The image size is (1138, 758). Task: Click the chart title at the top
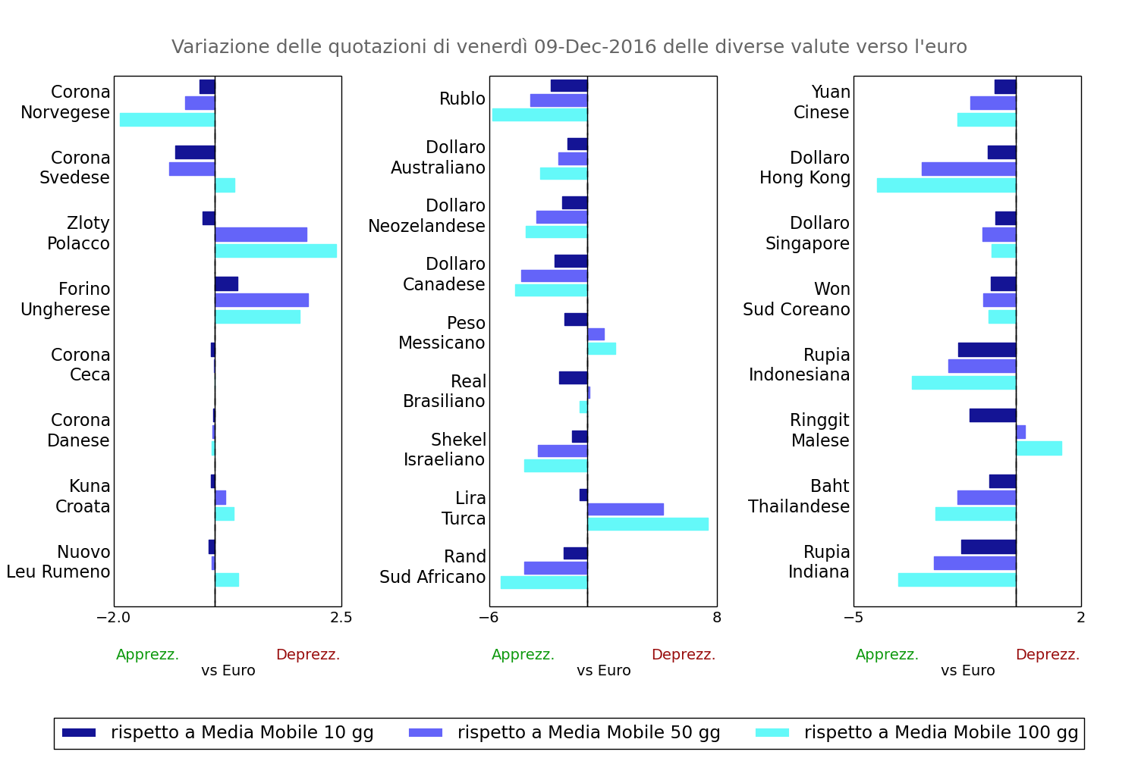coord(569,47)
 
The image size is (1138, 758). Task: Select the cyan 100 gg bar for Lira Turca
coord(648,524)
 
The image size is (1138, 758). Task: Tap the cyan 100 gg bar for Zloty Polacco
coord(275,251)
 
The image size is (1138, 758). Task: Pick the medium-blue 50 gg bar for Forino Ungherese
coord(262,300)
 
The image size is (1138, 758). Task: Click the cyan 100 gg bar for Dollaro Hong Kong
coord(946,185)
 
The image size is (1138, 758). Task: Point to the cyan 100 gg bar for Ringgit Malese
coord(1039,448)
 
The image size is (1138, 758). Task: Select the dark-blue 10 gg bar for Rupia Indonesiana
coord(986,349)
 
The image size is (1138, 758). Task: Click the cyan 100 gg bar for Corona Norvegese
coord(167,120)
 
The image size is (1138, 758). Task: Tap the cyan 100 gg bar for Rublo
coord(539,114)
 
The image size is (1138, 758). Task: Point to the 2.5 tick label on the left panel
coord(341,618)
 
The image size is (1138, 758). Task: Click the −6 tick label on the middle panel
coord(489,618)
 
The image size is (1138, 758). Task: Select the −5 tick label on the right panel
coord(853,618)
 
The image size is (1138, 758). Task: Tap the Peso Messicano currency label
coord(442,333)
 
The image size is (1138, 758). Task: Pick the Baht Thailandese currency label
coord(799,496)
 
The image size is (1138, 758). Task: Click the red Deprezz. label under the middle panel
coord(684,655)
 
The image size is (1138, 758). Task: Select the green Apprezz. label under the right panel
coord(887,655)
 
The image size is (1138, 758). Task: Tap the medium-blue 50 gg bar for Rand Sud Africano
coord(555,568)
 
